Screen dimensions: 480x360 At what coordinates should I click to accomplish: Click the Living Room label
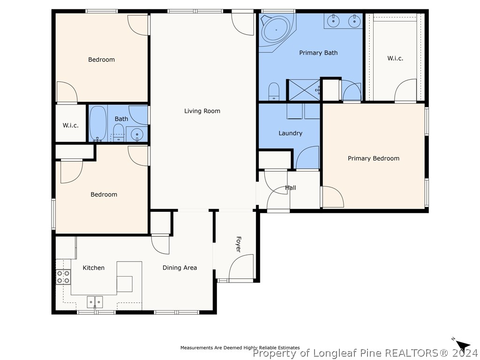202,111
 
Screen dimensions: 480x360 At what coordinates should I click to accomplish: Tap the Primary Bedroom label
374,158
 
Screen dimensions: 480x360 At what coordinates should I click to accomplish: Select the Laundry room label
290,133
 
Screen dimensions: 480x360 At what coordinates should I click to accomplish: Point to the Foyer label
239,244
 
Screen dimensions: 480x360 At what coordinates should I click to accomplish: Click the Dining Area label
180,268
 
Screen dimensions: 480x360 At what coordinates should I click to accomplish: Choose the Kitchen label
94,268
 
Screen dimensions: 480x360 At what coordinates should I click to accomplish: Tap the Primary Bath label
318,52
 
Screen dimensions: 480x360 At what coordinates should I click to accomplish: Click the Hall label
291,187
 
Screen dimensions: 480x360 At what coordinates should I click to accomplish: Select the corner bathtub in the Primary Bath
277,30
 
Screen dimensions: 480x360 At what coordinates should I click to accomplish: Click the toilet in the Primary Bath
274,91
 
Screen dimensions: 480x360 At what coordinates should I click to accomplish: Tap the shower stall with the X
304,90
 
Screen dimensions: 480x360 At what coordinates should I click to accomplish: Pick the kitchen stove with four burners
63,277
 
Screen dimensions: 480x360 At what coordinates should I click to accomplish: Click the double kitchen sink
95,302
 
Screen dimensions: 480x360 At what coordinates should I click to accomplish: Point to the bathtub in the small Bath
98,124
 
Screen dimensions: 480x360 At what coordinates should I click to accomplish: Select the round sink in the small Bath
137,134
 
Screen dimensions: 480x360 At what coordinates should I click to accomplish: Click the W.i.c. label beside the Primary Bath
395,58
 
